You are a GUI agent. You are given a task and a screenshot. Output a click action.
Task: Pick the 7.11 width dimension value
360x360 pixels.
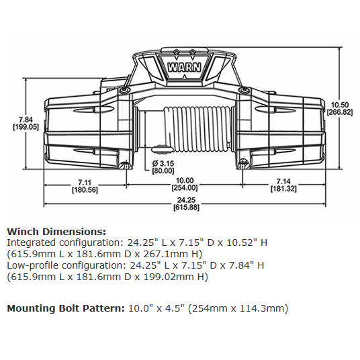click(x=84, y=182)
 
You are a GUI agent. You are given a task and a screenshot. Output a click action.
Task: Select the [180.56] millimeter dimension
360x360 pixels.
click(x=84, y=190)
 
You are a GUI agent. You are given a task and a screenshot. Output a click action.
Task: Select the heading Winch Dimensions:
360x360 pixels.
click(x=56, y=231)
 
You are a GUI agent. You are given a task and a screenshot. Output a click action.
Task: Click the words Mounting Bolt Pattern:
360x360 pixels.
click(x=64, y=308)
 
